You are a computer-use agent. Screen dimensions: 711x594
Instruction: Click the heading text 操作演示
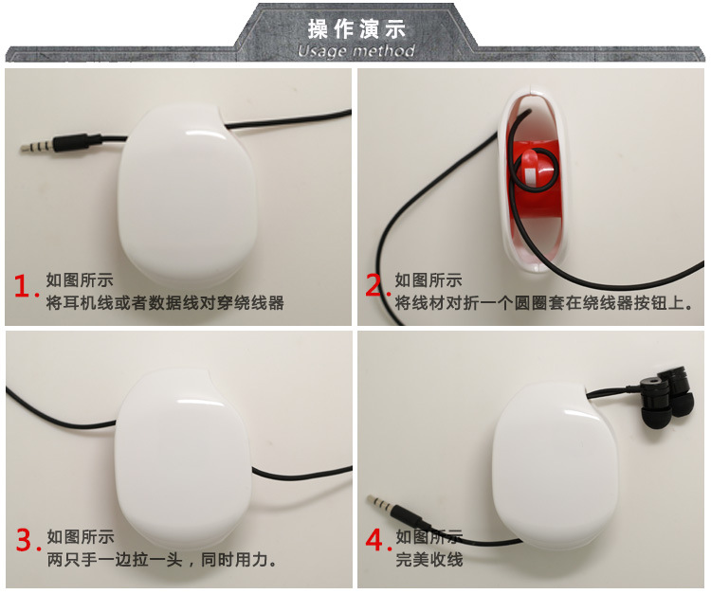point(356,28)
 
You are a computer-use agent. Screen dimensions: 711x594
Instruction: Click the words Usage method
point(356,51)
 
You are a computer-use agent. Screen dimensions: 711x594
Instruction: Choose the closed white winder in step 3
point(184,458)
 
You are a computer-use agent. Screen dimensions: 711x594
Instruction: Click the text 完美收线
point(428,560)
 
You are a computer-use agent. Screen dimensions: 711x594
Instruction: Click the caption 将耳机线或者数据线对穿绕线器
point(165,302)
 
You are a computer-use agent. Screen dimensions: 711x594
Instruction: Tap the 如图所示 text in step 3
point(81,537)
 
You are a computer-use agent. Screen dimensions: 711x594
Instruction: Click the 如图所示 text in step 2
point(428,280)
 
